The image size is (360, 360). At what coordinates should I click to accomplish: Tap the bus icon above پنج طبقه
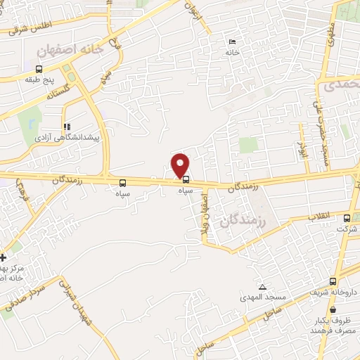pos(39,69)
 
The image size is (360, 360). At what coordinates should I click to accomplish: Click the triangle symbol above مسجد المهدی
pos(262,287)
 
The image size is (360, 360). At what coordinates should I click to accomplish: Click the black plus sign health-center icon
pos(3,258)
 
